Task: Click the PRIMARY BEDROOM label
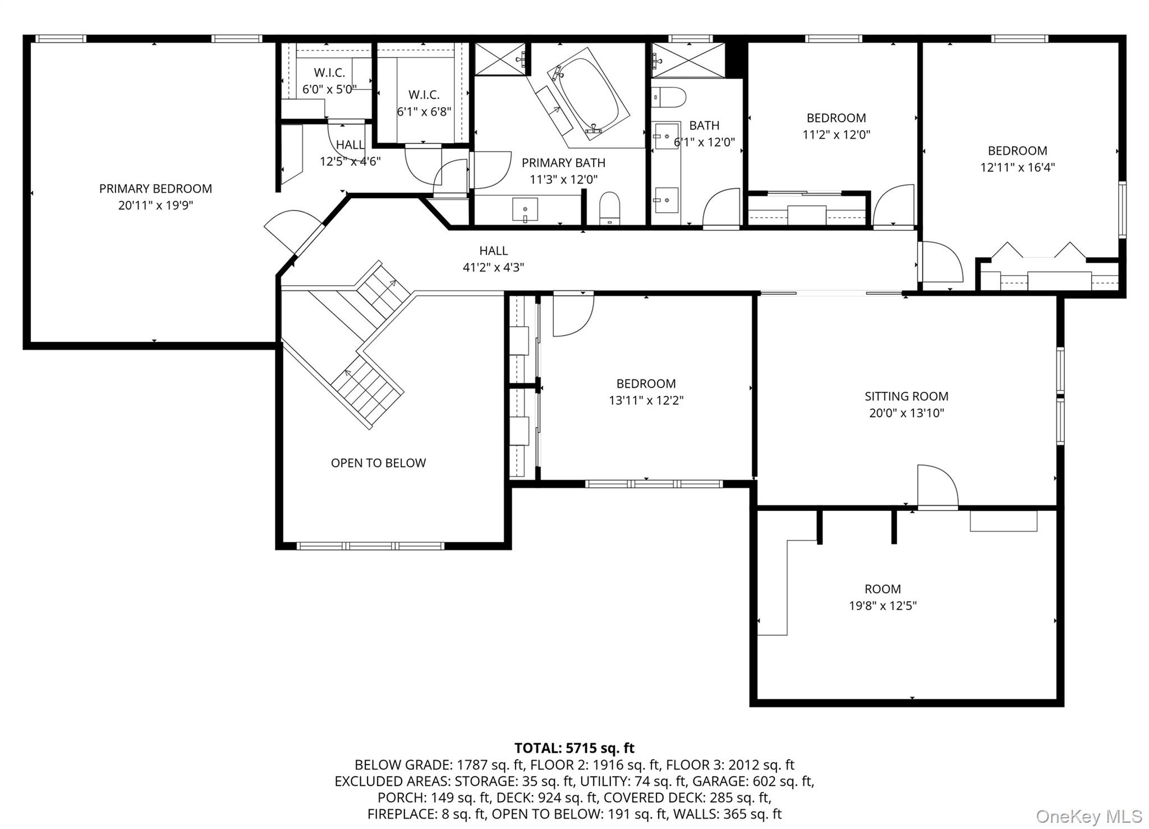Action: (x=155, y=189)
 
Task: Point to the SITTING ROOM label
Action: (x=907, y=396)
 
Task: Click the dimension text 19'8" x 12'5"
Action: (x=883, y=606)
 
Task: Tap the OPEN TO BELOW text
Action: (x=378, y=463)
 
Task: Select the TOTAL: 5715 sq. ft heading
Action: (x=574, y=748)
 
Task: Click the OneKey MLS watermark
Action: (x=1089, y=816)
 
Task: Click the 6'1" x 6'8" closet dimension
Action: (x=424, y=112)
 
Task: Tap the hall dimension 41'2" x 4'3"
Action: (x=493, y=268)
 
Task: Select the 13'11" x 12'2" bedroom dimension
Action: (x=646, y=401)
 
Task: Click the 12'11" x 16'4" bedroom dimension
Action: (x=1018, y=167)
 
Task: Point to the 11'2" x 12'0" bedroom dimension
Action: (x=837, y=135)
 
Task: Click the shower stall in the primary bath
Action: (x=500, y=58)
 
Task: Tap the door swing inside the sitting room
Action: (x=937, y=486)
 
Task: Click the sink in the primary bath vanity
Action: (x=525, y=210)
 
